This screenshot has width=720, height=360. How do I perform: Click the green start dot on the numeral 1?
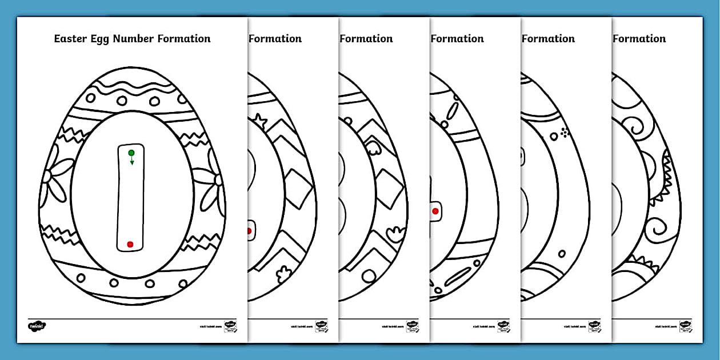pos(131,153)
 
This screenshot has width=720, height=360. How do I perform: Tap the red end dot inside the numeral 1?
pos(130,245)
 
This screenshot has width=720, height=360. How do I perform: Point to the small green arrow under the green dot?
pos(132,162)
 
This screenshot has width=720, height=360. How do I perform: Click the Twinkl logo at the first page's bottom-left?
pos(37,326)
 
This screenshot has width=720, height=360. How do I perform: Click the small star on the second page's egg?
pos(261,120)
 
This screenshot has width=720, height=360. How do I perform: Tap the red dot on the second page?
pos(249,231)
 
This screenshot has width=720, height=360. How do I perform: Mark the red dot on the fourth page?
pos(435,211)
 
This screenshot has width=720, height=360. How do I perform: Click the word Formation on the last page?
pos(639,39)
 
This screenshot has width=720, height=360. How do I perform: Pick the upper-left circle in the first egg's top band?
pos(122,101)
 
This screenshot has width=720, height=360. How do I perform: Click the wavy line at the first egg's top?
pos(131,89)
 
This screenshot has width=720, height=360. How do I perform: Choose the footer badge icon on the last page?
pos(685,326)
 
